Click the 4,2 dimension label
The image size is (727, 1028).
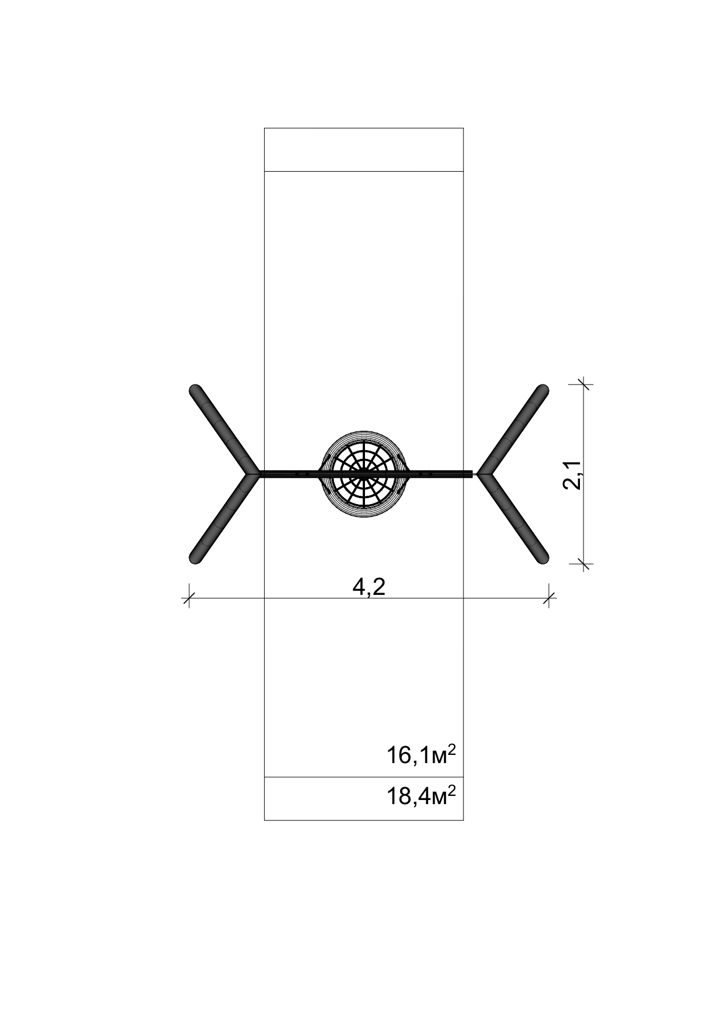(369, 586)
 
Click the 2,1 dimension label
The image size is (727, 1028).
(572, 475)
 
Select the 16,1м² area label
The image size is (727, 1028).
(421, 756)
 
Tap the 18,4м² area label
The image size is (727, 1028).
(421, 797)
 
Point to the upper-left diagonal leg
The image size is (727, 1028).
(224, 429)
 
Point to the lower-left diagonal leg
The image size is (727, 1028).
(224, 519)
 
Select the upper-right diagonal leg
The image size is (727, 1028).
(514, 429)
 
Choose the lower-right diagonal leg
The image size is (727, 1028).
(514, 519)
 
